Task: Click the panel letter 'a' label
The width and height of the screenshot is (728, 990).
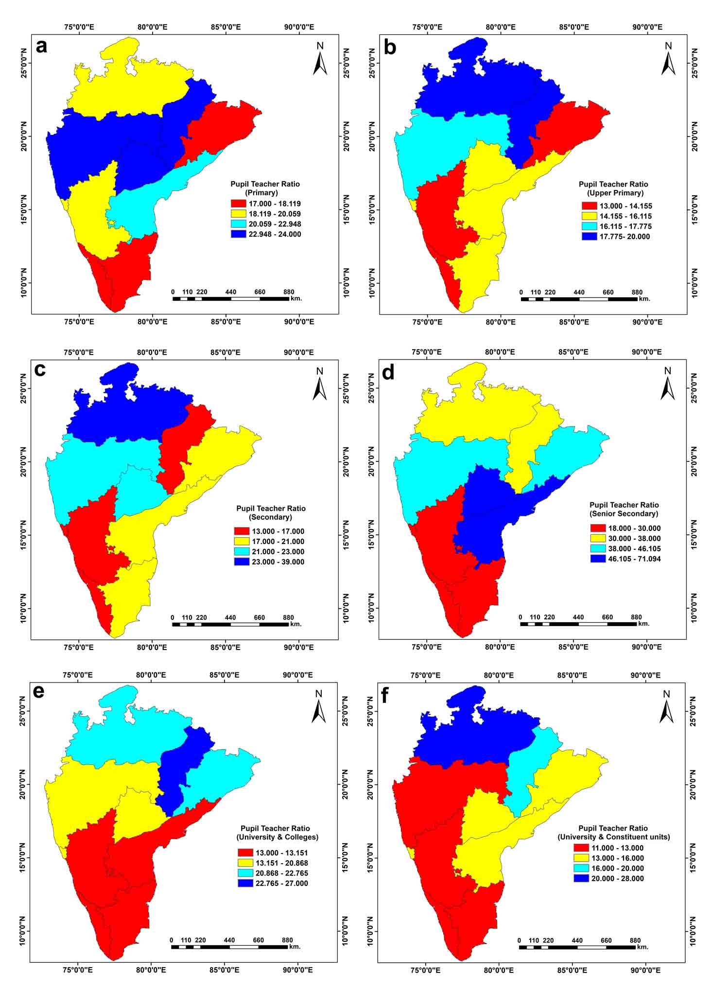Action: (x=42, y=47)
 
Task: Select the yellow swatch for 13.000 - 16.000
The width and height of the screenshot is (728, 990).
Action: (x=582, y=858)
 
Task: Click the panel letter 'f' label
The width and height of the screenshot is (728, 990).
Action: (x=385, y=696)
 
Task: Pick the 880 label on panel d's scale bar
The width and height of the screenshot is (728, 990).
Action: (x=636, y=617)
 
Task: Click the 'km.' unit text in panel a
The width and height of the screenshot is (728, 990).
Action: (x=296, y=299)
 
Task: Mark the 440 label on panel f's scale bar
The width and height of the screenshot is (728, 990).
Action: (x=577, y=940)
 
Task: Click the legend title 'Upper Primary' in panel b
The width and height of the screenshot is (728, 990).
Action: (x=614, y=193)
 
